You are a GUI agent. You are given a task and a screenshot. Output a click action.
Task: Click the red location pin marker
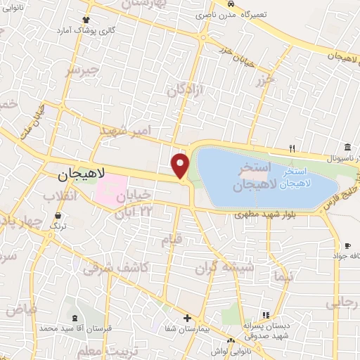point(181,165)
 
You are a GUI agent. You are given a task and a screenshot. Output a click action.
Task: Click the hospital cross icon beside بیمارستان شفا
point(188,319)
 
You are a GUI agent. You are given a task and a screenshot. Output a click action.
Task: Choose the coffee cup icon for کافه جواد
point(347,245)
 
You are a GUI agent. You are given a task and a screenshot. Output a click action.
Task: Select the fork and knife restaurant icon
point(292,148)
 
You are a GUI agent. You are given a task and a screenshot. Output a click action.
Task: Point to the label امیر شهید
point(126,131)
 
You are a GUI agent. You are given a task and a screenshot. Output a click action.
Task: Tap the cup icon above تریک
point(54,215)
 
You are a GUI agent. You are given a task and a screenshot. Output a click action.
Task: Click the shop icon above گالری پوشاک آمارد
point(86,20)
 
